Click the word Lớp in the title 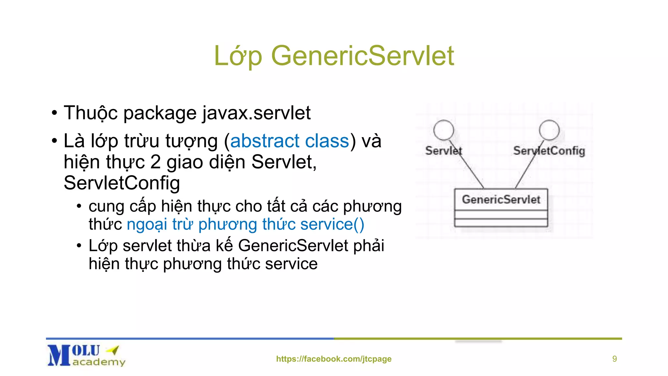[238, 56]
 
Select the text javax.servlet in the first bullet [256, 113]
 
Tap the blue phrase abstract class [290, 141]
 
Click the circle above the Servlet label [443, 130]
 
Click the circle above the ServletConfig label [549, 130]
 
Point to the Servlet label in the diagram [444, 151]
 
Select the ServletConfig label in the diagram [549, 151]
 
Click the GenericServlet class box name [501, 199]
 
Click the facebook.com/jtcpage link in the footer [334, 359]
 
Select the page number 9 [615, 359]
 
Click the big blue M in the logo [59, 355]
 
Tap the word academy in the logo [99, 362]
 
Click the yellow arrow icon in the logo [113, 350]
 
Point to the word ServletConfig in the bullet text [122, 183]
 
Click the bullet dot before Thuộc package [54, 114]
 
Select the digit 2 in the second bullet [155, 162]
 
